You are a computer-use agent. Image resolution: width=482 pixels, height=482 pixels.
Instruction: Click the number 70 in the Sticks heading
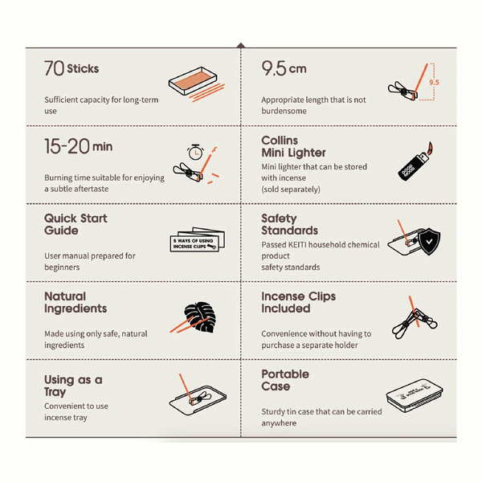click(54, 68)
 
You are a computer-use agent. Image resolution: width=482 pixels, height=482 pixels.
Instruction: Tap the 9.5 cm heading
click(284, 68)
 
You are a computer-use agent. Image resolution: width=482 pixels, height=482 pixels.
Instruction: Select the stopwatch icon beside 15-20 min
click(195, 152)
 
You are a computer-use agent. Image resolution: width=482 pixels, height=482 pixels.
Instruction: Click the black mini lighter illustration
click(415, 161)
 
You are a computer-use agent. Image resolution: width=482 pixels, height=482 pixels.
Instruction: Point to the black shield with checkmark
click(429, 241)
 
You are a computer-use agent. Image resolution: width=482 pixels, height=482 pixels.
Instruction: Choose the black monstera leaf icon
click(200, 317)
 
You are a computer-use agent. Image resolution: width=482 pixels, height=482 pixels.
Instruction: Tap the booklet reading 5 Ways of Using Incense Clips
click(197, 239)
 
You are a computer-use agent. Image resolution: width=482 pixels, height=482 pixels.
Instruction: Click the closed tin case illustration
click(415, 395)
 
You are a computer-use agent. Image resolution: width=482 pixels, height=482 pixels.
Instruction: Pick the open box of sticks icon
click(193, 81)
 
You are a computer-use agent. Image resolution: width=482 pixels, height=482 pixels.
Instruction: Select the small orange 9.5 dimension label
click(434, 83)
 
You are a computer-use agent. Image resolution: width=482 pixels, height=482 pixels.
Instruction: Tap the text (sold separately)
click(291, 190)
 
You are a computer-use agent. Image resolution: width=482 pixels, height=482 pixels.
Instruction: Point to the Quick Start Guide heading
click(76, 224)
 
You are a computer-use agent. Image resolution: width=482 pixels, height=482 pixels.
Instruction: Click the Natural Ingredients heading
click(76, 303)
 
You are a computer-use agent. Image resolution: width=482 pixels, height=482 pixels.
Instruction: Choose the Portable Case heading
click(285, 380)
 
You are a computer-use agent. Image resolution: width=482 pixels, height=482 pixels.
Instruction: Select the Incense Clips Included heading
click(299, 302)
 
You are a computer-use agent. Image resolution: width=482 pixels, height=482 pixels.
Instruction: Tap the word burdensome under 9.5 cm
click(284, 111)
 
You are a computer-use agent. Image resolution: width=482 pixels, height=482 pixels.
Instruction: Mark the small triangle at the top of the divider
click(241, 45)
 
